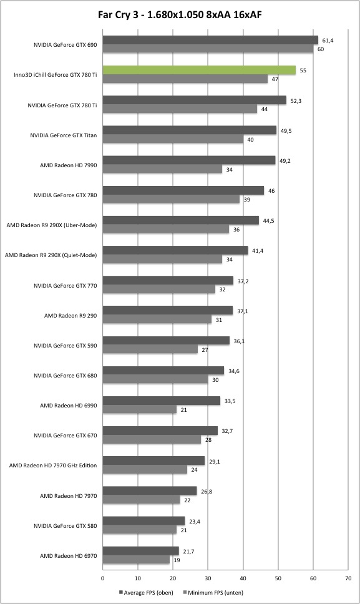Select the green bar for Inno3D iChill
coord(199,70)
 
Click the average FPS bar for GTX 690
coord(210,40)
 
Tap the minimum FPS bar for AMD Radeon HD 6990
coord(139,409)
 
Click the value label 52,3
coord(296,101)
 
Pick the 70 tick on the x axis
coord(348,578)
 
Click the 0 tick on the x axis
coord(103,578)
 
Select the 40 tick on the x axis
coord(243,578)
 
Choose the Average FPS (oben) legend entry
coord(146,592)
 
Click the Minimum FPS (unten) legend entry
coord(213,592)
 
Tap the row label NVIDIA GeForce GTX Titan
coord(64,135)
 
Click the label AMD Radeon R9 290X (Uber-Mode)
coord(52,225)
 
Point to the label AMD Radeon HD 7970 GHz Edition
coord(53,465)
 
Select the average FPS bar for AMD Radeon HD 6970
coord(141,551)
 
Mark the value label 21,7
coord(188,551)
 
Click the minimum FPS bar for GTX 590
coord(150,349)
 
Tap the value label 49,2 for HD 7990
coord(285,161)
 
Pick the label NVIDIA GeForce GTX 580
coord(65,526)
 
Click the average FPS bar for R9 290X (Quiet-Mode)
coord(175,250)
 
